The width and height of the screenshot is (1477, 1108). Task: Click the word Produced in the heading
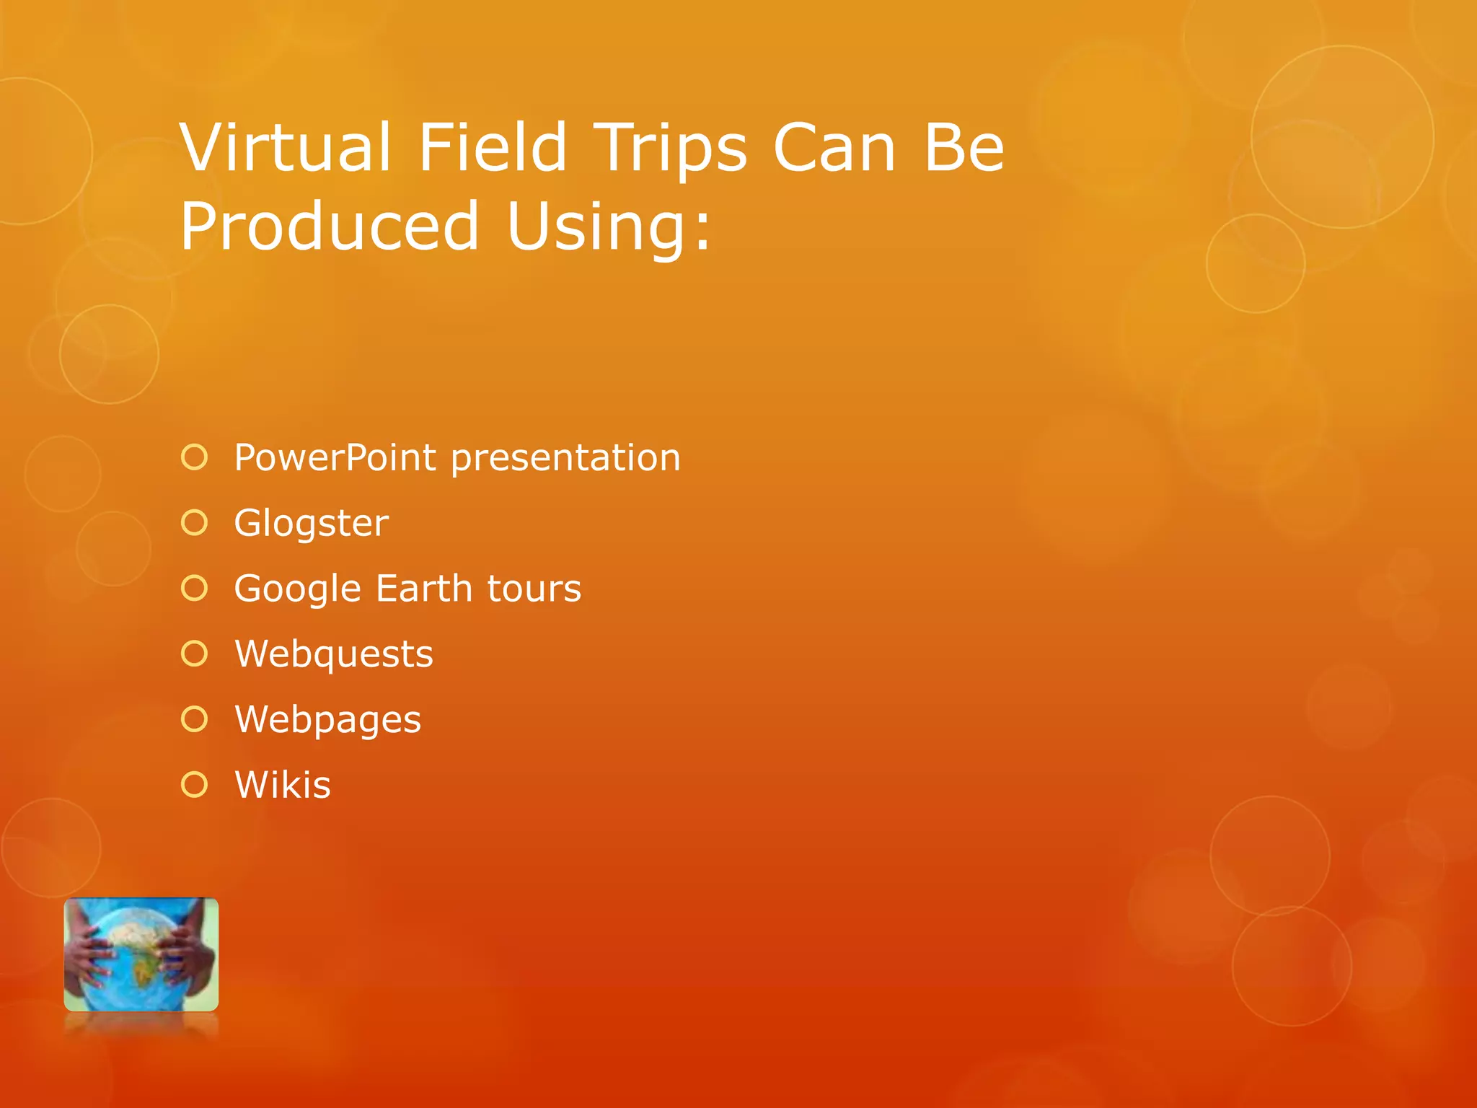point(329,227)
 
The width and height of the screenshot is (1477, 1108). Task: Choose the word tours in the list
point(534,589)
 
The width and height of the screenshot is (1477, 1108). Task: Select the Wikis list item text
point(282,785)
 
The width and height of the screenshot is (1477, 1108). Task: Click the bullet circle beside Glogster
point(195,523)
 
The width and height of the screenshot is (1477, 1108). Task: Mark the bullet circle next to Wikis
point(195,785)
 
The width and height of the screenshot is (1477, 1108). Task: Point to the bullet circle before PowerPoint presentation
point(195,457)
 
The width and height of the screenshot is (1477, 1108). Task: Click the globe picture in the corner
point(141,954)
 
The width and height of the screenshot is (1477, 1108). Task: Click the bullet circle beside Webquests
point(195,654)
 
